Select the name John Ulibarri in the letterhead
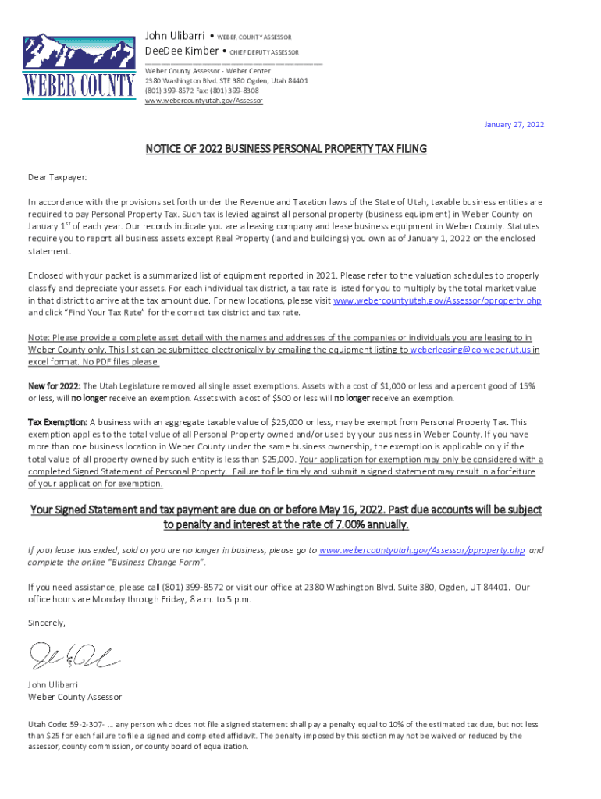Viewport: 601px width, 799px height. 176,36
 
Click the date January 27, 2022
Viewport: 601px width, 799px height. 514,125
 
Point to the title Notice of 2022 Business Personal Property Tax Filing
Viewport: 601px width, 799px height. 286,149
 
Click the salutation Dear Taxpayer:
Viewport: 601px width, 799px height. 58,178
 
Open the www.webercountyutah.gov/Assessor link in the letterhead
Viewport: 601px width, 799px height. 204,101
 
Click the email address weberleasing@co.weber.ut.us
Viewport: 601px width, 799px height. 470,350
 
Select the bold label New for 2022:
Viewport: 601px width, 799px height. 54,386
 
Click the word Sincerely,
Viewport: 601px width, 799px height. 47,623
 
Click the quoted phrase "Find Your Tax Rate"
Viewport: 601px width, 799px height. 109,312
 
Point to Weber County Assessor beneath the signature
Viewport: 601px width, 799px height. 74,697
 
